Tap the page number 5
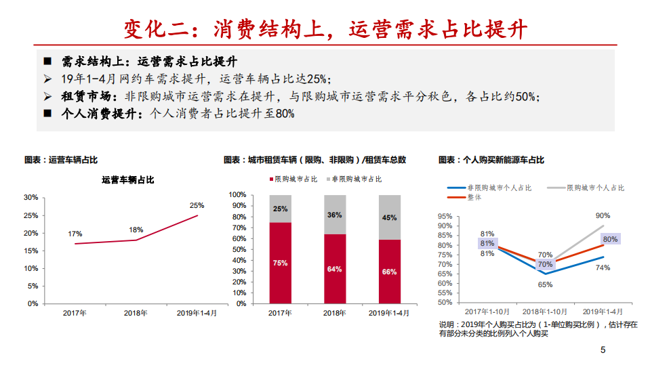click(x=603, y=350)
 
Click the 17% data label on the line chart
click(x=75, y=234)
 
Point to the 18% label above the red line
click(x=136, y=230)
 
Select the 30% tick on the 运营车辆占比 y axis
click(x=31, y=197)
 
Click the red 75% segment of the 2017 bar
click(x=280, y=263)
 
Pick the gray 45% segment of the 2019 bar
click(x=389, y=218)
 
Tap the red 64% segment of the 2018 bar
click(x=335, y=269)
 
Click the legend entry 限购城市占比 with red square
click(x=291, y=179)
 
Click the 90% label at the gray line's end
click(x=603, y=215)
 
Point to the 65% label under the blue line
click(x=545, y=285)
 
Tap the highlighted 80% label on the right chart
click(x=610, y=239)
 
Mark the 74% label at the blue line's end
click(x=603, y=267)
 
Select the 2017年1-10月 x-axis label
click(x=487, y=312)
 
